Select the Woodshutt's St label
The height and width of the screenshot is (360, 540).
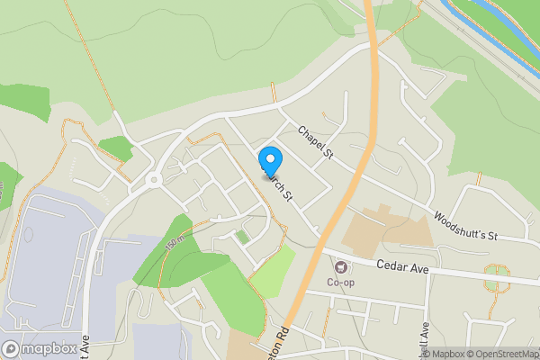point(465,226)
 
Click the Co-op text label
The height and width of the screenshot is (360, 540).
point(341,282)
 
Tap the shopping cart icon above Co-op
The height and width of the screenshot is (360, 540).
point(341,266)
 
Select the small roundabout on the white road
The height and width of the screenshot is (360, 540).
point(154,180)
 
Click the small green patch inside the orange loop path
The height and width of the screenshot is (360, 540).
point(242,237)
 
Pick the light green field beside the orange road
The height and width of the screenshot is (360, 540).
point(273,270)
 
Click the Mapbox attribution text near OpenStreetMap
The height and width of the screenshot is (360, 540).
point(451,354)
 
